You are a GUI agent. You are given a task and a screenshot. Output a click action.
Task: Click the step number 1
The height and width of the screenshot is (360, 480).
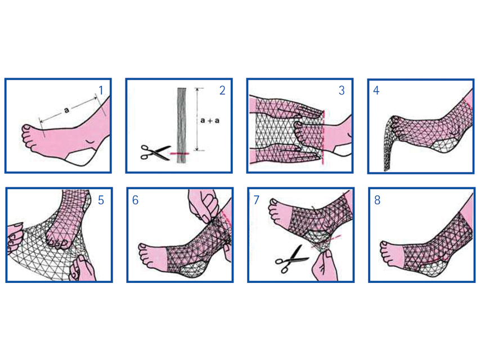point(101,91)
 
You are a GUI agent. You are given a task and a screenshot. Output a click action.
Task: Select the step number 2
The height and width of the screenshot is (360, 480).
point(222,91)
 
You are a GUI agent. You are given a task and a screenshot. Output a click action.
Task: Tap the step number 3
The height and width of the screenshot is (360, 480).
point(342,91)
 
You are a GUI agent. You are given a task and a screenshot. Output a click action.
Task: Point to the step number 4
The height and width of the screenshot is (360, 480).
point(376,91)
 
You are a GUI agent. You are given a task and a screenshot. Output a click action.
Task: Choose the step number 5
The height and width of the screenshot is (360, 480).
point(101,200)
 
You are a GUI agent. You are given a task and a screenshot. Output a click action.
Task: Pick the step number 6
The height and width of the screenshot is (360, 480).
point(135,200)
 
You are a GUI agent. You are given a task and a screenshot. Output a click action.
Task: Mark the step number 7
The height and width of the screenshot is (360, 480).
point(257,200)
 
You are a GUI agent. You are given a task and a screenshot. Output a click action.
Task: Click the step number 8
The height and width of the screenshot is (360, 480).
point(378,200)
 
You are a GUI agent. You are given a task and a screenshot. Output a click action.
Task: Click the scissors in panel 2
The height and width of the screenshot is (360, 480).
point(155,152)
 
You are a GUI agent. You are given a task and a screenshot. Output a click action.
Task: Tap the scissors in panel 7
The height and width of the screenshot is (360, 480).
point(291,259)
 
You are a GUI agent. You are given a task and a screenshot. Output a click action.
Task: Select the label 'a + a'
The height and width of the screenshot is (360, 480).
point(210,120)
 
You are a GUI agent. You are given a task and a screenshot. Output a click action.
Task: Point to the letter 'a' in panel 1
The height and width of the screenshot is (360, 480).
point(66,110)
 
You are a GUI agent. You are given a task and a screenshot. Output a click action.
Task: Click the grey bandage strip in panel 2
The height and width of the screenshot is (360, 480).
point(182,125)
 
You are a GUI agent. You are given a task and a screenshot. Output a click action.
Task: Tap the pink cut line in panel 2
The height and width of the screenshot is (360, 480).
point(180,153)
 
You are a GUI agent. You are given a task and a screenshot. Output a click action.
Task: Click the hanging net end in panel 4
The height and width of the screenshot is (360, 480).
point(388,144)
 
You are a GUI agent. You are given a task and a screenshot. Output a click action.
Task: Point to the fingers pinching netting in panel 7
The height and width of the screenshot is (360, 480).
point(325,263)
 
